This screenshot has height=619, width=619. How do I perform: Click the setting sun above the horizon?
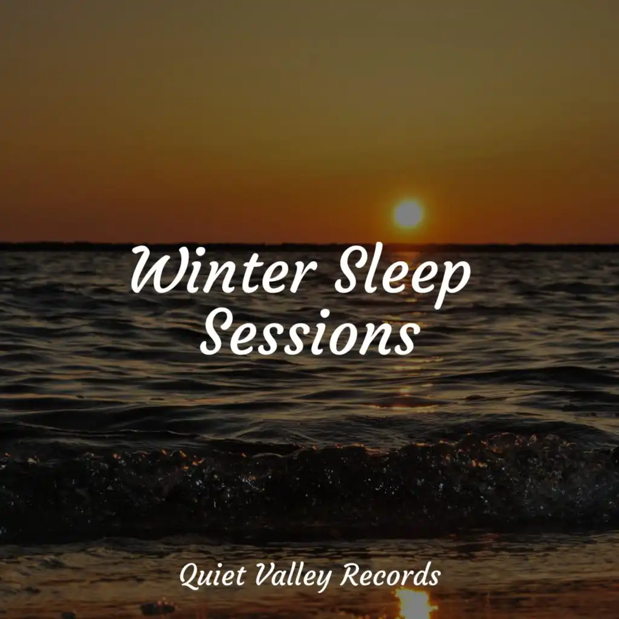[409, 213]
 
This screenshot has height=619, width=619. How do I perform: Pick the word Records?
[391, 575]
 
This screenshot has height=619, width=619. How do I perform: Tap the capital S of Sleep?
[349, 268]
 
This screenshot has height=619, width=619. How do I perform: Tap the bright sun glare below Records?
[413, 604]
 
